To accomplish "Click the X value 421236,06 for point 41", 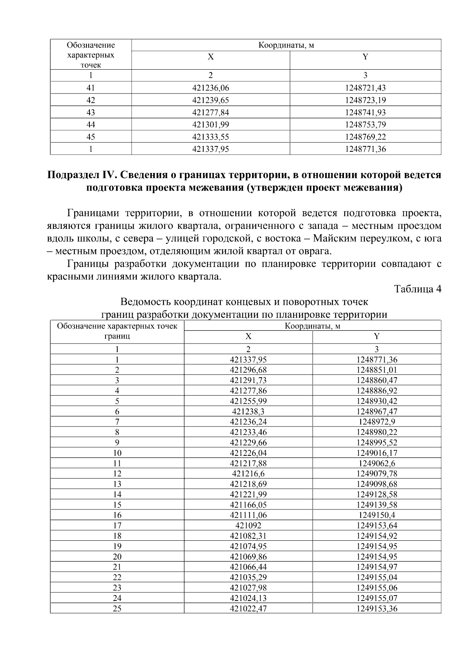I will (210, 88).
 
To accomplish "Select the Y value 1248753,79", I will (365, 125).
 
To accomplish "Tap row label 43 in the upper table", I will (91, 113).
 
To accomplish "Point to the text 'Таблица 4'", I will (417, 289).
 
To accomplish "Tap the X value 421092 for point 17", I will (248, 525).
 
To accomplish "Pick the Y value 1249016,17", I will (376, 453).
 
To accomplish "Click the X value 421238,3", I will (248, 412).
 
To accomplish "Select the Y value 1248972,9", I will (376, 422).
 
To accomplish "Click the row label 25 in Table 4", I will (117, 609).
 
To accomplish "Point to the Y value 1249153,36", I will (376, 609).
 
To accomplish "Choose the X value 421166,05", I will (248, 505).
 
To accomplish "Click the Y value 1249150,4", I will (376, 515).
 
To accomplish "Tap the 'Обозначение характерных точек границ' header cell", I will (117, 331).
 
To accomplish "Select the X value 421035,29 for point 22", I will (248, 578).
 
